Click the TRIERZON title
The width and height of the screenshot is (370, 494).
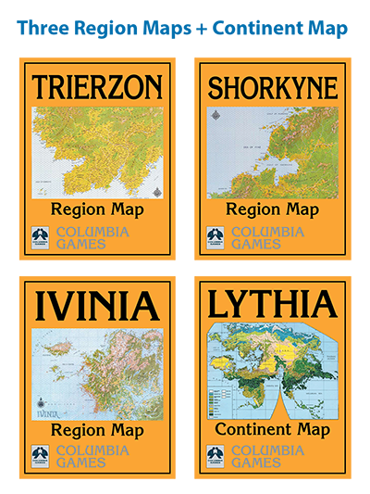(x=97, y=87)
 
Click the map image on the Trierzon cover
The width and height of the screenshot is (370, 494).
(x=97, y=151)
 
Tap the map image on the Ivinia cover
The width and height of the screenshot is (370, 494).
(x=97, y=369)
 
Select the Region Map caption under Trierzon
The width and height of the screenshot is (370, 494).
(x=97, y=209)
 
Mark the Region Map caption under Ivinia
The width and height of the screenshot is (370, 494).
(x=97, y=430)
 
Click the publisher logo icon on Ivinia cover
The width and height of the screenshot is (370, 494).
(x=41, y=455)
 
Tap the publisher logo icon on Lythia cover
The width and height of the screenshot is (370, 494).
(x=216, y=455)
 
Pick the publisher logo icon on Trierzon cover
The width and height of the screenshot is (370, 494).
(x=41, y=236)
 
